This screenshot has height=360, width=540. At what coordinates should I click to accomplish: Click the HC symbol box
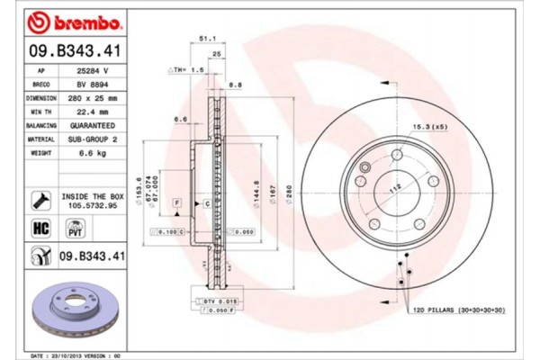[x=40, y=228]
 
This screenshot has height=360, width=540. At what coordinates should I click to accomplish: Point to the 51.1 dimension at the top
[x=205, y=39]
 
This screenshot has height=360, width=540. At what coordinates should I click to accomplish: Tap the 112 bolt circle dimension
[x=394, y=190]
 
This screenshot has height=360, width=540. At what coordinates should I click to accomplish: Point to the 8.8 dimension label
[x=235, y=85]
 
